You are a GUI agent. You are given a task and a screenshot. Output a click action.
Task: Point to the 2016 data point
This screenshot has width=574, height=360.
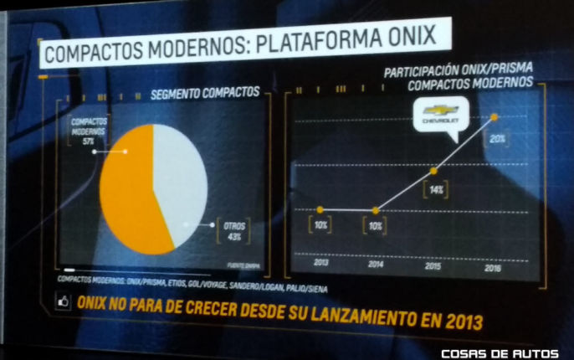[x=495, y=116]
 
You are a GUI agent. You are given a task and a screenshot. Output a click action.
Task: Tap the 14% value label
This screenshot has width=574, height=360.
[x=435, y=190]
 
